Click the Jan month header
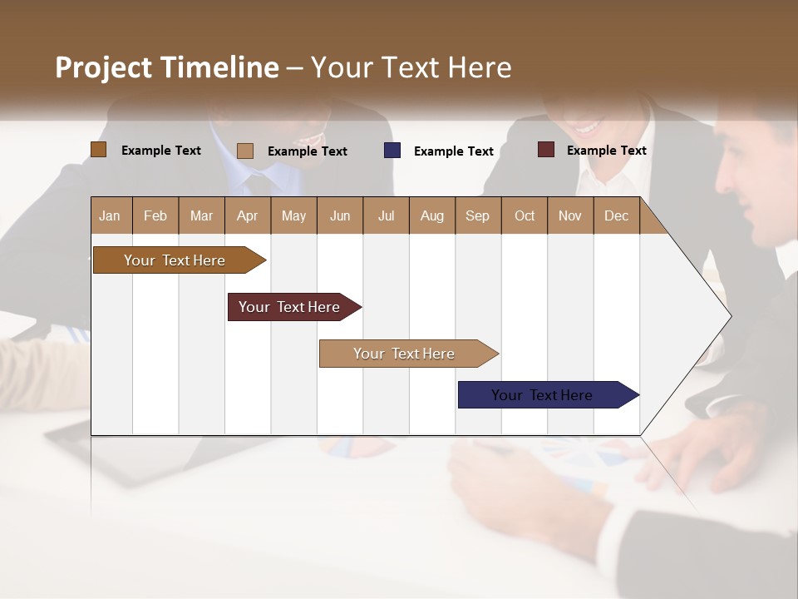point(111,215)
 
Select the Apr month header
point(248,215)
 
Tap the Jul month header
point(386,215)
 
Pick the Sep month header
point(478,215)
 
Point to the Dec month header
point(616,215)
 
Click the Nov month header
point(570,215)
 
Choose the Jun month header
point(340,215)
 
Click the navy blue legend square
point(392,150)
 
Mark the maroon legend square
point(546,150)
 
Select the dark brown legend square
point(99,149)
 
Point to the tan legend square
point(245,151)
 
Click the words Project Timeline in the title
point(167,67)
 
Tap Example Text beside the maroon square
point(606,151)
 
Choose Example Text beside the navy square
point(453,151)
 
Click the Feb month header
point(155,215)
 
